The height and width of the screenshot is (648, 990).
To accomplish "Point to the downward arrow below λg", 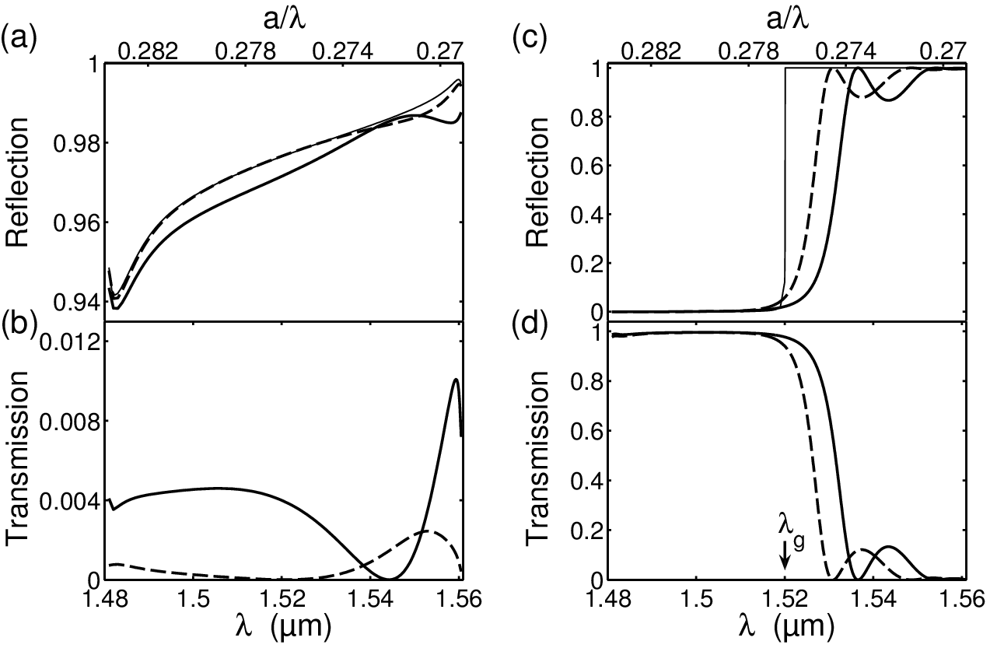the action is [785, 555].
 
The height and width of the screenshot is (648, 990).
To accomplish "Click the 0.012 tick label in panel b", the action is [69, 343].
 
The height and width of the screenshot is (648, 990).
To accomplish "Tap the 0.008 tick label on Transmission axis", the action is [69, 422].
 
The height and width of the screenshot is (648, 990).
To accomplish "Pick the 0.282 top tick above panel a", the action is [149, 51].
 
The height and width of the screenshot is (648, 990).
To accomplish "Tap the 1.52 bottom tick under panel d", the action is [785, 601].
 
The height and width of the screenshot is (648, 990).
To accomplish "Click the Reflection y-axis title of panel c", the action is [537, 182].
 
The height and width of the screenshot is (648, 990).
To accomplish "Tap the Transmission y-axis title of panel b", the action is [17, 454].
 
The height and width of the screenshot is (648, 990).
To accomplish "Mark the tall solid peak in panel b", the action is [456, 379].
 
